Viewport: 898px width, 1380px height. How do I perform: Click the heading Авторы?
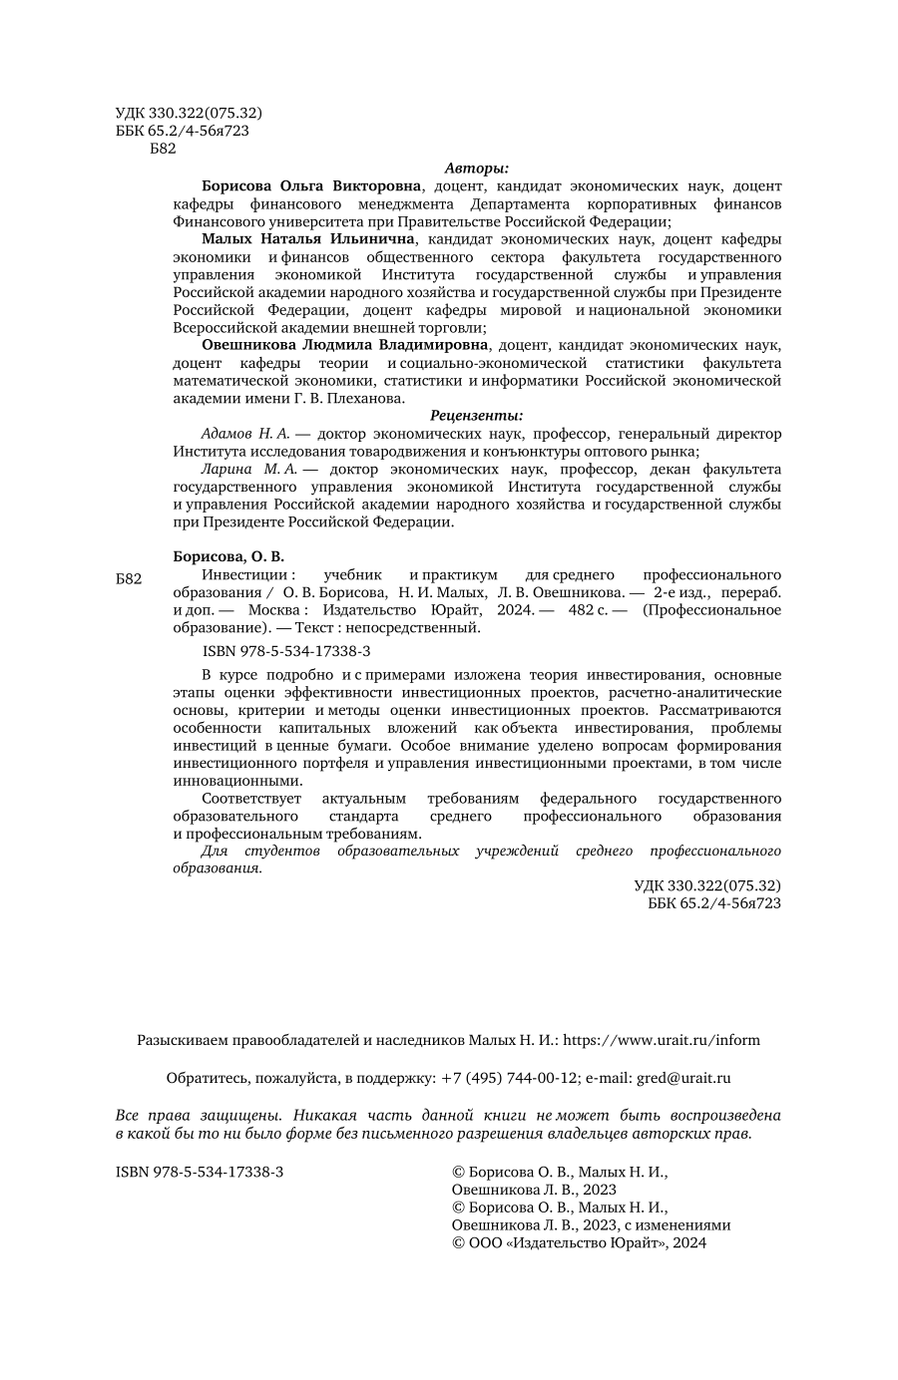(x=476, y=168)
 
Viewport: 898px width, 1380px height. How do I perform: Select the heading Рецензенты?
(x=476, y=416)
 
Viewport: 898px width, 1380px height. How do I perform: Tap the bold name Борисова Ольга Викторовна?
(x=311, y=185)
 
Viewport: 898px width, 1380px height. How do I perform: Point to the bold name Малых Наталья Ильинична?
(x=307, y=239)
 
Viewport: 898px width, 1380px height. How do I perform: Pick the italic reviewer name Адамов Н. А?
(x=244, y=434)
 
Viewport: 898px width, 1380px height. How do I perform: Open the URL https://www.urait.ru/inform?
(x=662, y=1040)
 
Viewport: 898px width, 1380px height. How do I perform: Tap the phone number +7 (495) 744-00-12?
(x=510, y=1078)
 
